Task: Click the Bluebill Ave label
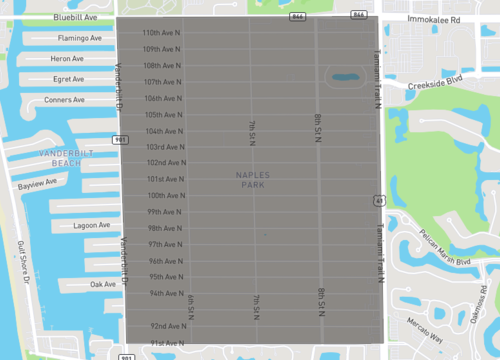coord(76,18)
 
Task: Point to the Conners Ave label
coord(65,100)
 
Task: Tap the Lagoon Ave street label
coord(92,225)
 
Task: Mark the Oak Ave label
coord(102,285)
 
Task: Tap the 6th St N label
coord(190,305)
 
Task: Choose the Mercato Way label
coord(422,338)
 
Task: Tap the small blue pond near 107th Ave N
coord(343,76)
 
